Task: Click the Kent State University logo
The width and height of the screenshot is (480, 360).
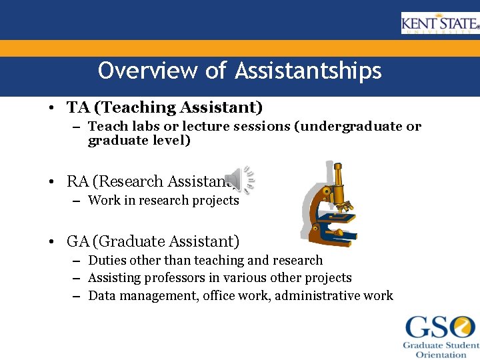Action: [x=440, y=23]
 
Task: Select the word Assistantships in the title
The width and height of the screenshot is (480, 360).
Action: [x=308, y=71]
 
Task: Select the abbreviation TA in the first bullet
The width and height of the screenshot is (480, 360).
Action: [x=76, y=107]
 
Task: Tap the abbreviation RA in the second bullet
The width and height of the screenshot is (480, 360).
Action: [x=77, y=181]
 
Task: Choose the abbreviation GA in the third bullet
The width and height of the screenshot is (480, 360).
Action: [x=78, y=241]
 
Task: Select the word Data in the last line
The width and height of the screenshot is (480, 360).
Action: [x=102, y=295]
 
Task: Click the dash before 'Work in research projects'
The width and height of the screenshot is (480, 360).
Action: [x=77, y=201]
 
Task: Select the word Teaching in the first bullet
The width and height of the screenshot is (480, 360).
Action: [x=134, y=107]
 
